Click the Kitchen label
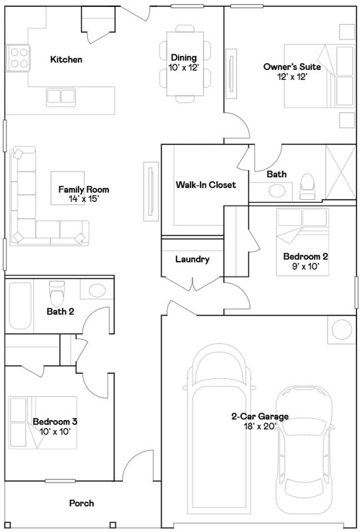pos(66,60)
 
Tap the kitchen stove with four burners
pos(18,58)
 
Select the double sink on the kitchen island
pos(61,97)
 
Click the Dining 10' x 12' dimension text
pos(184,67)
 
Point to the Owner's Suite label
pos(292,67)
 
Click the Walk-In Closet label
pos(206,185)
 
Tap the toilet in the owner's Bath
pos(307,187)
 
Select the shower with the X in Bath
pos(340,172)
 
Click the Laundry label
pos(193,260)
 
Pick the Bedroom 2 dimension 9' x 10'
pos(306,266)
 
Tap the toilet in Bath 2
pos(57,294)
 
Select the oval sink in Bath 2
pos(97,291)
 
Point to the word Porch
pos(81,503)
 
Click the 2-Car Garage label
pos(260,416)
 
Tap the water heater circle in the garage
pos(342,330)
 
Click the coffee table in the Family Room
pos(67,188)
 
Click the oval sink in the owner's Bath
pos(277,190)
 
